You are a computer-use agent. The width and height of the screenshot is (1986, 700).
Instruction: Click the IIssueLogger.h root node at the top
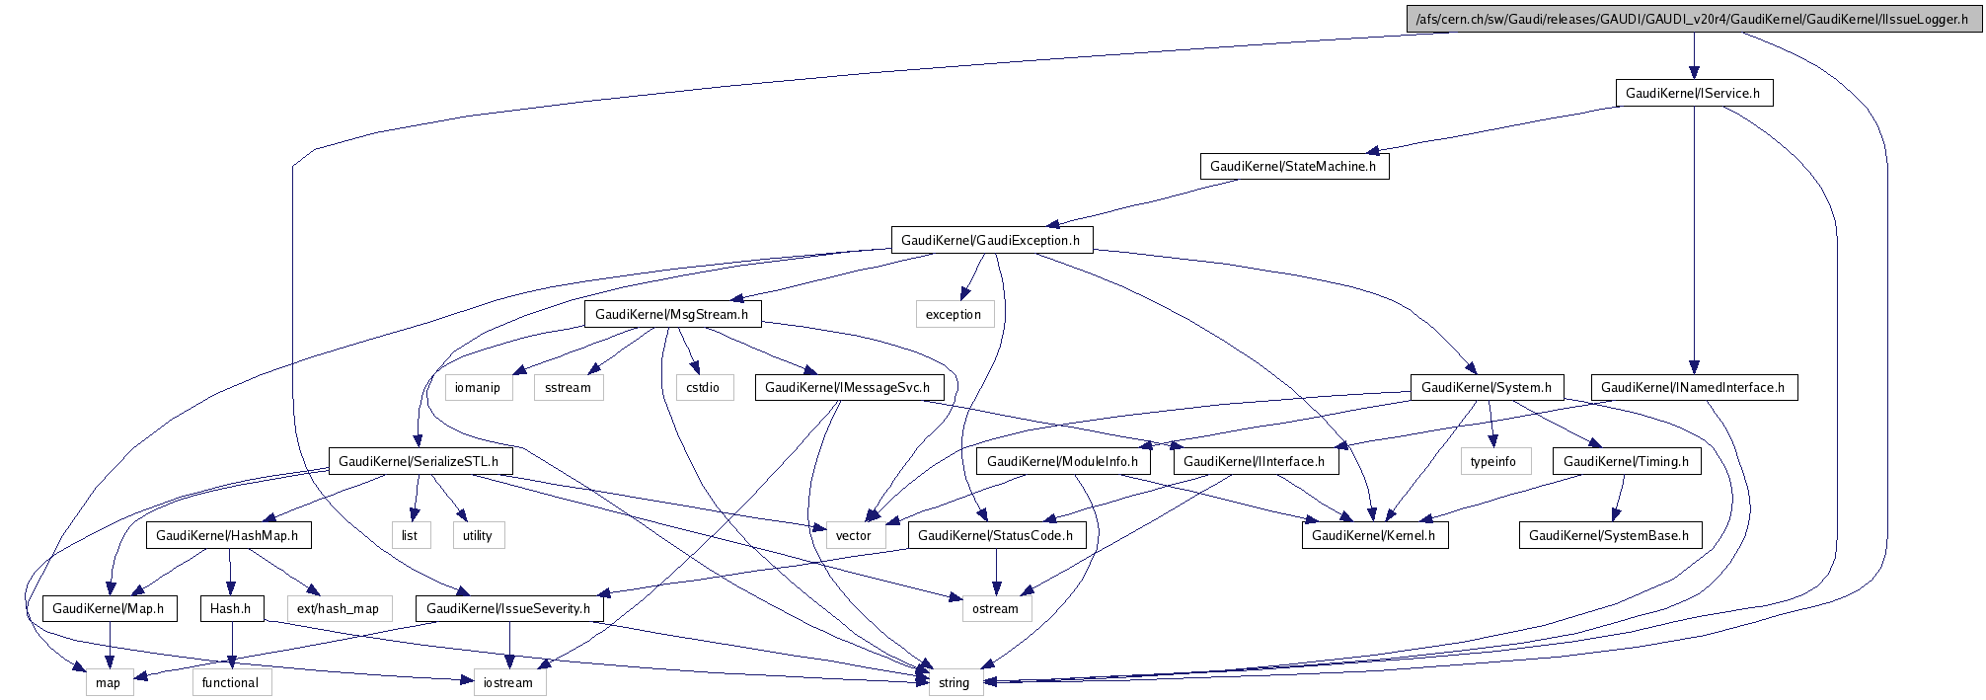point(1694,19)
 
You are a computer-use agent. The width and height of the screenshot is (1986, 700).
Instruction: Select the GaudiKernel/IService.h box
point(1693,93)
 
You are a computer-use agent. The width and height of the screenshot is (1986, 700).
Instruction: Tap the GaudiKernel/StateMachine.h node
point(1293,166)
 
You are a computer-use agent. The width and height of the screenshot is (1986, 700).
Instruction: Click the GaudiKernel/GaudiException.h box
point(991,240)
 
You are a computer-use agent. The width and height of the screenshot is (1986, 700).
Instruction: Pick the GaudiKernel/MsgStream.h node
point(672,314)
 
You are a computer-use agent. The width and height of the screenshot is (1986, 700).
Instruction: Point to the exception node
point(954,314)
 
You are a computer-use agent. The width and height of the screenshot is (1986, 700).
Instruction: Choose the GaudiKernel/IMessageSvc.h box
point(848,387)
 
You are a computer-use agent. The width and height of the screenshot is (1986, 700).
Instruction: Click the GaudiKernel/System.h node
point(1487,387)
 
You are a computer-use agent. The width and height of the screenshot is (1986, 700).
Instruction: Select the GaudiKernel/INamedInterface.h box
point(1693,387)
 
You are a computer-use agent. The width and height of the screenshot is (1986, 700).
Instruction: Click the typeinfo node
point(1493,461)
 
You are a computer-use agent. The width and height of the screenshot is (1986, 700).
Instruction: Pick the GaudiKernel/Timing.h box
point(1627,461)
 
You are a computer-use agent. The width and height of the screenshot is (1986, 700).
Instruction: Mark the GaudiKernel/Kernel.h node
point(1374,535)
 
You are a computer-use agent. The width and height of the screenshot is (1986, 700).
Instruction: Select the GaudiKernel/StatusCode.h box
point(996,535)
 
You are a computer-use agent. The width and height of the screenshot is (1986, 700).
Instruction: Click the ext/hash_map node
point(339,608)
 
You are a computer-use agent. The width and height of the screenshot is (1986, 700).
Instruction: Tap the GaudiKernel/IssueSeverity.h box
point(509,608)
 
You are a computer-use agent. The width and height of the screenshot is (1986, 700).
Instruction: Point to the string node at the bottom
point(955,682)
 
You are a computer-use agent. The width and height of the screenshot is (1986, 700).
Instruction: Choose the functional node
point(231,682)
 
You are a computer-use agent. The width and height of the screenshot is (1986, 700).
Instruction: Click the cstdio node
point(704,387)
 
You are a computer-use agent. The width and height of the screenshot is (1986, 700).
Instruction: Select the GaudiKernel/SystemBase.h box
point(1609,535)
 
